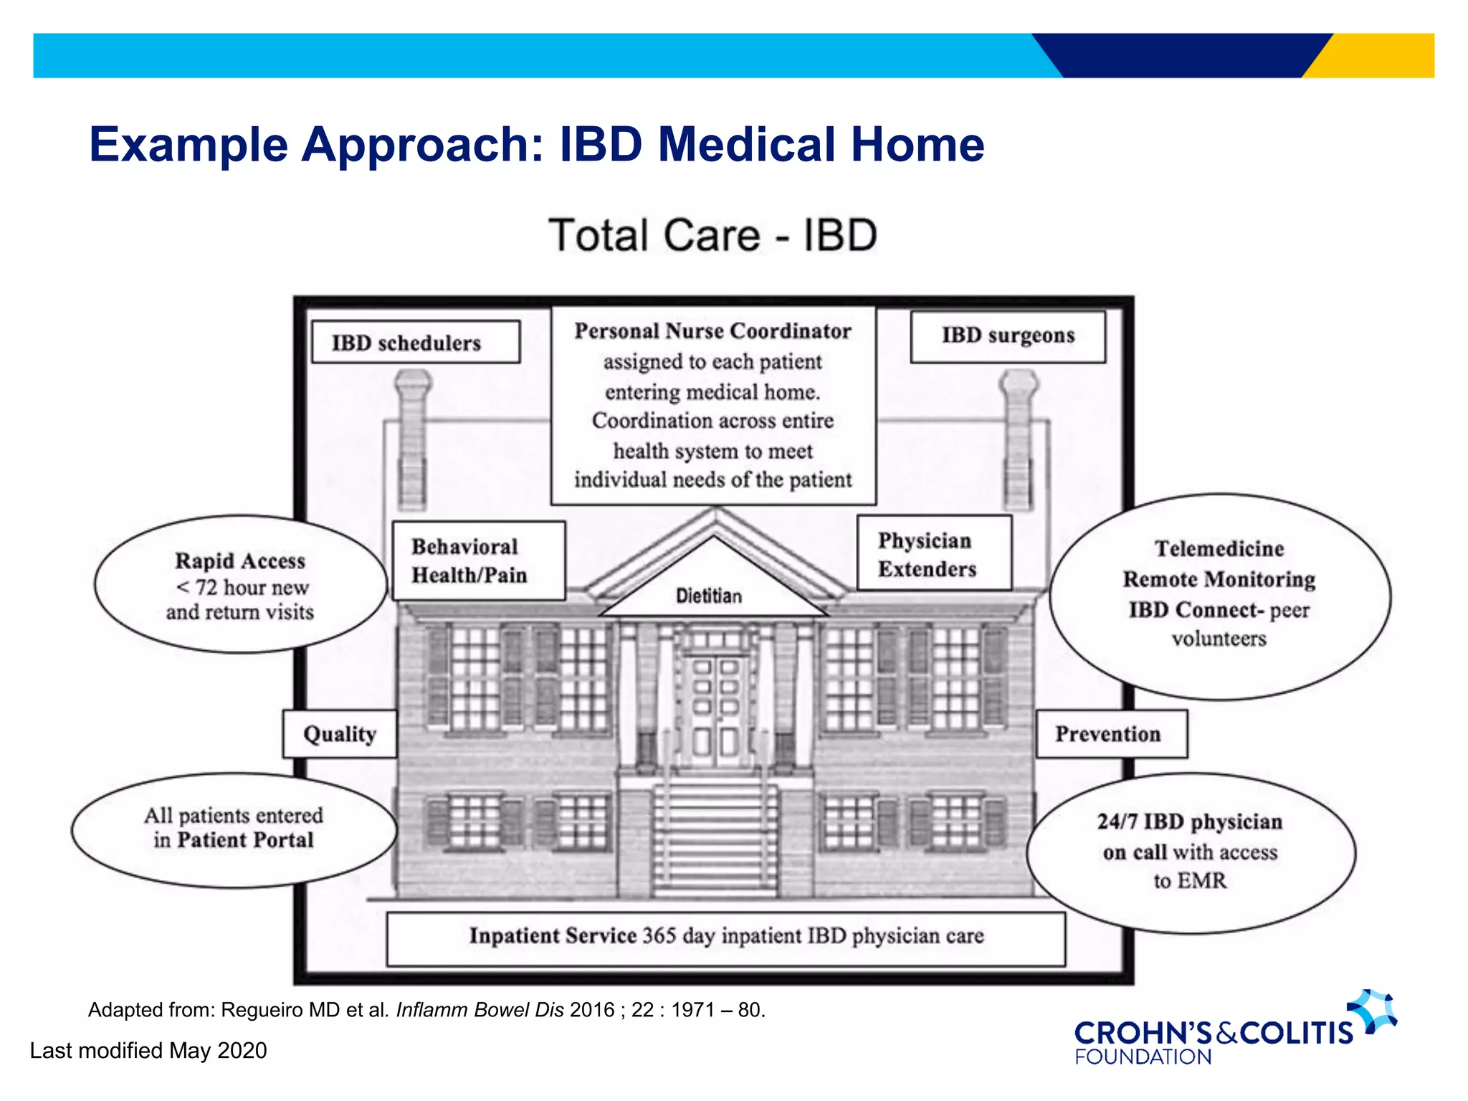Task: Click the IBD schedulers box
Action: [x=416, y=342]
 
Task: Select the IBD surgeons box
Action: [x=1008, y=335]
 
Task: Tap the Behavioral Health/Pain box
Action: [x=479, y=561]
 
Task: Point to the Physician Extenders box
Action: [x=934, y=553]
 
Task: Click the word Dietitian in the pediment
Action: [x=708, y=596]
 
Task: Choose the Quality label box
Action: [x=340, y=734]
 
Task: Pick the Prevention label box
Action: [x=1111, y=734]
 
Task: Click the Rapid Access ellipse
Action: [x=240, y=585]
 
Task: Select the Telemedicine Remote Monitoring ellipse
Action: [x=1219, y=595]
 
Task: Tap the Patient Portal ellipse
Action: [x=234, y=829]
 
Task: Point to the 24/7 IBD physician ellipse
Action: [x=1191, y=852]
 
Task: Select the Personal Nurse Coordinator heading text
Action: [x=712, y=331]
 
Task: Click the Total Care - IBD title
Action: [x=712, y=235]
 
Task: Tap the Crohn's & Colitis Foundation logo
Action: [x=1233, y=1030]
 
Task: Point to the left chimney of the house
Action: [x=413, y=437]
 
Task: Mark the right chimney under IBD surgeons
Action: [x=1018, y=437]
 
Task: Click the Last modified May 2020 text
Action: [x=148, y=1050]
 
